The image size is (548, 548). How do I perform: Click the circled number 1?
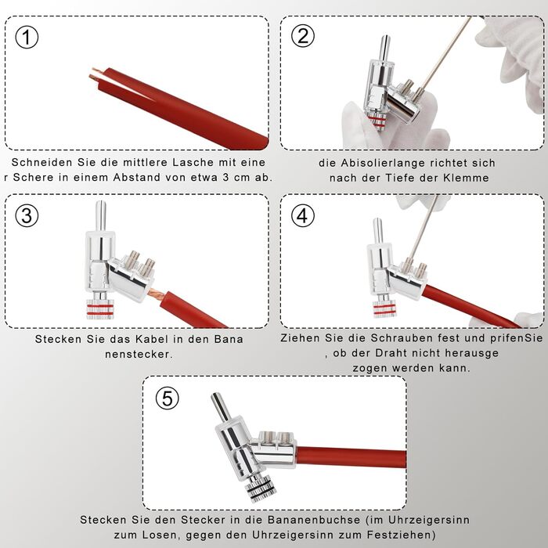(x=27, y=38)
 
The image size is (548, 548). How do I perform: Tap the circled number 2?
(x=303, y=36)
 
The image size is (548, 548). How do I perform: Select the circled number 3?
(x=27, y=215)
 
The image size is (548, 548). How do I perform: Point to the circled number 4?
(x=303, y=215)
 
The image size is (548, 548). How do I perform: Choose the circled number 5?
(x=167, y=398)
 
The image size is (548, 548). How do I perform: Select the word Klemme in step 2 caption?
(x=466, y=178)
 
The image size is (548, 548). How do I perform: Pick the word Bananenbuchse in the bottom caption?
(x=314, y=520)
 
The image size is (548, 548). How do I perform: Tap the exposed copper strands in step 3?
(x=156, y=294)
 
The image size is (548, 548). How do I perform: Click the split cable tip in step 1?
(x=96, y=75)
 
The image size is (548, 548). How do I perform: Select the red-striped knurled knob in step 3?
(x=100, y=309)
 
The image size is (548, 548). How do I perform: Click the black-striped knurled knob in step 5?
(x=261, y=489)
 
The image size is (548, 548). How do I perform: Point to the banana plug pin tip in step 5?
(x=215, y=396)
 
